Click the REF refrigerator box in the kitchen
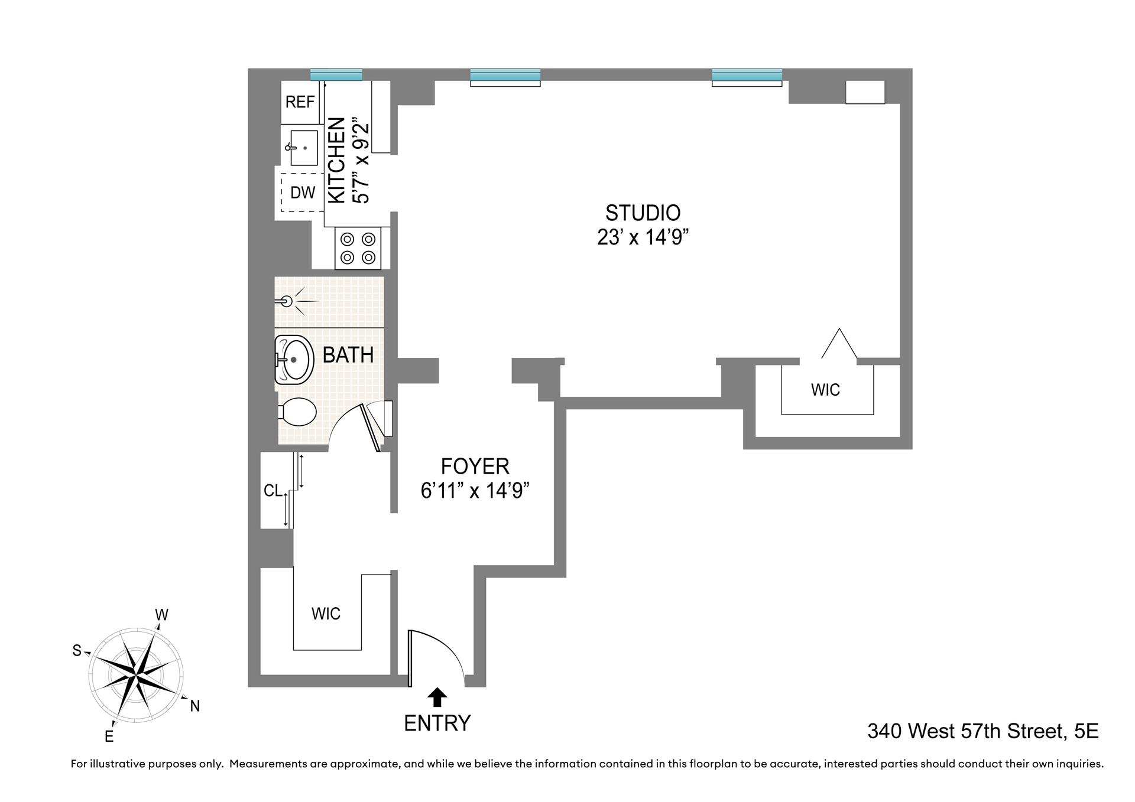click(299, 102)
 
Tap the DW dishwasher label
click(303, 193)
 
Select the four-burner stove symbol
click(358, 249)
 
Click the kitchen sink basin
click(304, 148)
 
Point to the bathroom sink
click(294, 359)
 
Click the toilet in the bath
click(297, 412)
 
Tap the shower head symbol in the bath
click(288, 302)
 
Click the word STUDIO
click(643, 213)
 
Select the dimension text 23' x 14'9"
click(643, 237)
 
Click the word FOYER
click(475, 467)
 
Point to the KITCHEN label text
click(336, 160)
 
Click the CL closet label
click(273, 491)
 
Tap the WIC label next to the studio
click(825, 390)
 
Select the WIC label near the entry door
click(326, 614)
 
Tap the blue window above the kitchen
click(336, 75)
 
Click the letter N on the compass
click(194, 705)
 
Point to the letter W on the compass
click(161, 615)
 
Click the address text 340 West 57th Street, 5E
click(982, 731)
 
